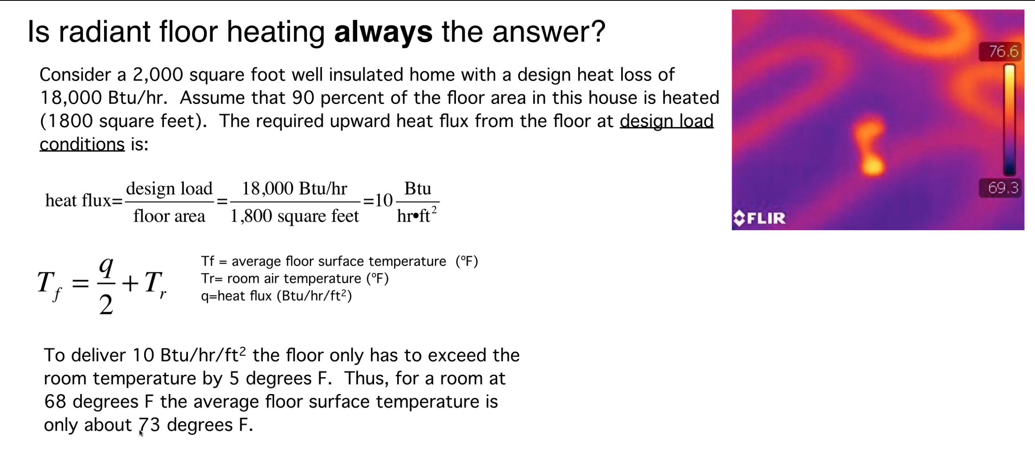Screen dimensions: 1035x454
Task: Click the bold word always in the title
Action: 383,33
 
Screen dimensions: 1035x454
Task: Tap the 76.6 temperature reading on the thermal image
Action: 1003,51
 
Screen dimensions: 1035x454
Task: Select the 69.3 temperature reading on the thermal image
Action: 1003,187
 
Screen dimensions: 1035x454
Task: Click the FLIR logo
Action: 759,218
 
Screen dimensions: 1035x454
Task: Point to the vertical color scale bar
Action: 1009,119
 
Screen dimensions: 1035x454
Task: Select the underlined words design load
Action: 666,121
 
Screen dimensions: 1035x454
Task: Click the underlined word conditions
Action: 82,144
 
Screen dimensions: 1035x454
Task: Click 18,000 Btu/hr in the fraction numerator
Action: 295,188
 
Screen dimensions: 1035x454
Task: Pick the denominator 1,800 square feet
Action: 295,216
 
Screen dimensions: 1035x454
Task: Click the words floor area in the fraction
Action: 169,216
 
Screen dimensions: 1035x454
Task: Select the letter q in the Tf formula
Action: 107,267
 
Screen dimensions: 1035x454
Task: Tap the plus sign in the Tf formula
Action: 130,284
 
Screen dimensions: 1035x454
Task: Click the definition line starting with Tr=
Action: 295,279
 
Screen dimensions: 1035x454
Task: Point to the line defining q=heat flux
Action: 276,296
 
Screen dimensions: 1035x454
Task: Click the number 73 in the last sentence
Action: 149,425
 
